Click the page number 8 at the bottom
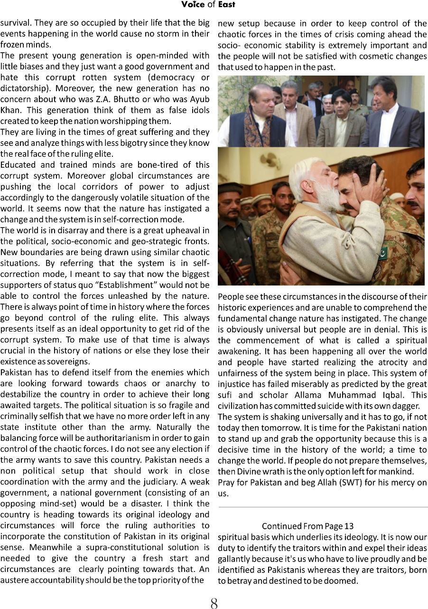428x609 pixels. click(214, 603)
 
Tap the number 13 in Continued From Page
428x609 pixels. click(349, 526)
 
